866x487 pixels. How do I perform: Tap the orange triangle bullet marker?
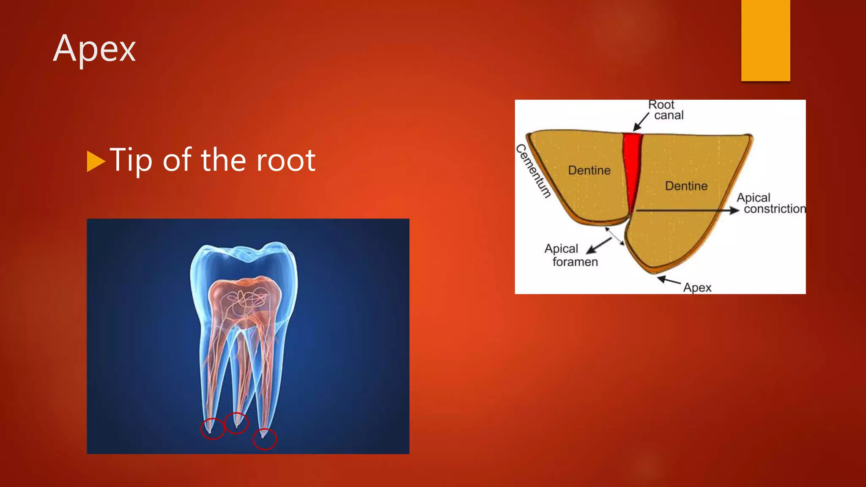(95, 161)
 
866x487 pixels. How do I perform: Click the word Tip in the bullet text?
(130, 161)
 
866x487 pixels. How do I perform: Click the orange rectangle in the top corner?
(765, 40)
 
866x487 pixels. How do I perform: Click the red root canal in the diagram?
(632, 165)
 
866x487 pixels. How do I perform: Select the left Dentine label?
(589, 170)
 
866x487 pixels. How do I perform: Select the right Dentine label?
(686, 186)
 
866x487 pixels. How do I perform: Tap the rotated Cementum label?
(534, 171)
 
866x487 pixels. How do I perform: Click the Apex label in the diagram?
(697, 288)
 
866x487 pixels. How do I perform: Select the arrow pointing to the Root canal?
(640, 122)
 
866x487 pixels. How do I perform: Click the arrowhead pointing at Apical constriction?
(734, 210)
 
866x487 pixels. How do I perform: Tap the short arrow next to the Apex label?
(668, 280)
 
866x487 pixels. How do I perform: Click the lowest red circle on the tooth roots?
(265, 439)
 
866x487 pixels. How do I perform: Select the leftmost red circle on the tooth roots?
(212, 428)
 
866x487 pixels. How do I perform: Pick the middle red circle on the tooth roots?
(236, 423)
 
